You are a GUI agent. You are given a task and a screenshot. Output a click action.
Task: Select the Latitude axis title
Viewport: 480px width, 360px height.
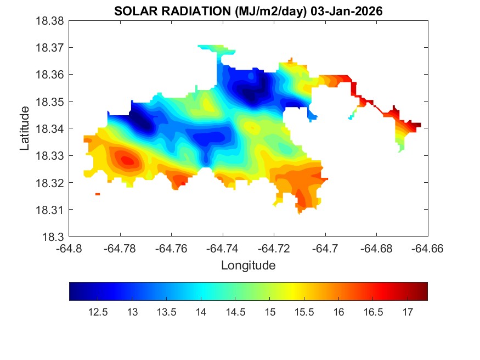point(24,128)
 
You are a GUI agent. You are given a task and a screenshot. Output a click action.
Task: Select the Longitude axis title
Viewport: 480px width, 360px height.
point(248,266)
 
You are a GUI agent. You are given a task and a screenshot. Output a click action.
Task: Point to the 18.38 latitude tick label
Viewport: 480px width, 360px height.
point(50,20)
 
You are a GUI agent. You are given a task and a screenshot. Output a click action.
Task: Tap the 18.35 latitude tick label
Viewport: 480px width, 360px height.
point(50,102)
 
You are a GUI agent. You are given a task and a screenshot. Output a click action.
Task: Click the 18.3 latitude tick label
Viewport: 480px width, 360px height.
point(54,237)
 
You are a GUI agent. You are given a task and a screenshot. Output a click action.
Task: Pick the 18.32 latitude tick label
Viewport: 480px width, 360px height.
point(50,183)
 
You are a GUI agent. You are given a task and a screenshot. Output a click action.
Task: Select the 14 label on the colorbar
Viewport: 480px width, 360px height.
point(201,312)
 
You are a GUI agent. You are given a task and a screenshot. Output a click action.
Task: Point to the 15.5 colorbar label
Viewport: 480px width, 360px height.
point(304,312)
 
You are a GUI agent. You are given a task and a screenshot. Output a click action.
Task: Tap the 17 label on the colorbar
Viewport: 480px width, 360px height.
point(407,312)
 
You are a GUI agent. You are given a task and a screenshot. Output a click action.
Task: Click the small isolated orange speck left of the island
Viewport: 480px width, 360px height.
point(98,194)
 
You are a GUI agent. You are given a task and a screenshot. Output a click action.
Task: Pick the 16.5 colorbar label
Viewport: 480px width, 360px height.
point(372,312)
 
